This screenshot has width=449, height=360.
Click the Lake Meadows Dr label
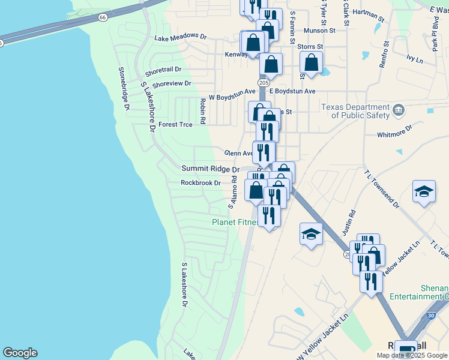(x=180, y=37)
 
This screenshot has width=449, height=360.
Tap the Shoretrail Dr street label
(x=163, y=70)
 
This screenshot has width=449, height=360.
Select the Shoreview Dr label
(x=172, y=83)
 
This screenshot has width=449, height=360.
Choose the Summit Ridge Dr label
(x=211, y=170)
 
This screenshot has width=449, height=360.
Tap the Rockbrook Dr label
(x=201, y=183)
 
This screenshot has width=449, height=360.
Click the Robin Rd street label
(x=203, y=111)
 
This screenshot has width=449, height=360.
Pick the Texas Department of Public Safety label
(x=355, y=111)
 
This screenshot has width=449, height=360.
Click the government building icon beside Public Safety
(x=399, y=110)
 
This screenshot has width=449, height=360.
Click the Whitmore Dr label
(x=394, y=131)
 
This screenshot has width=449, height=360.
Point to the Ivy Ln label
(x=415, y=59)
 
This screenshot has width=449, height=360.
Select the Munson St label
(x=319, y=30)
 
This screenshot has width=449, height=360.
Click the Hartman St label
(x=369, y=13)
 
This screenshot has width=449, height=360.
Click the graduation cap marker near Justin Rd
(x=312, y=233)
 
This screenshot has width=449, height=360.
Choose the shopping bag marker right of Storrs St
(x=312, y=62)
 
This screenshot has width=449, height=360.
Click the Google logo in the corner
(x=20, y=353)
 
